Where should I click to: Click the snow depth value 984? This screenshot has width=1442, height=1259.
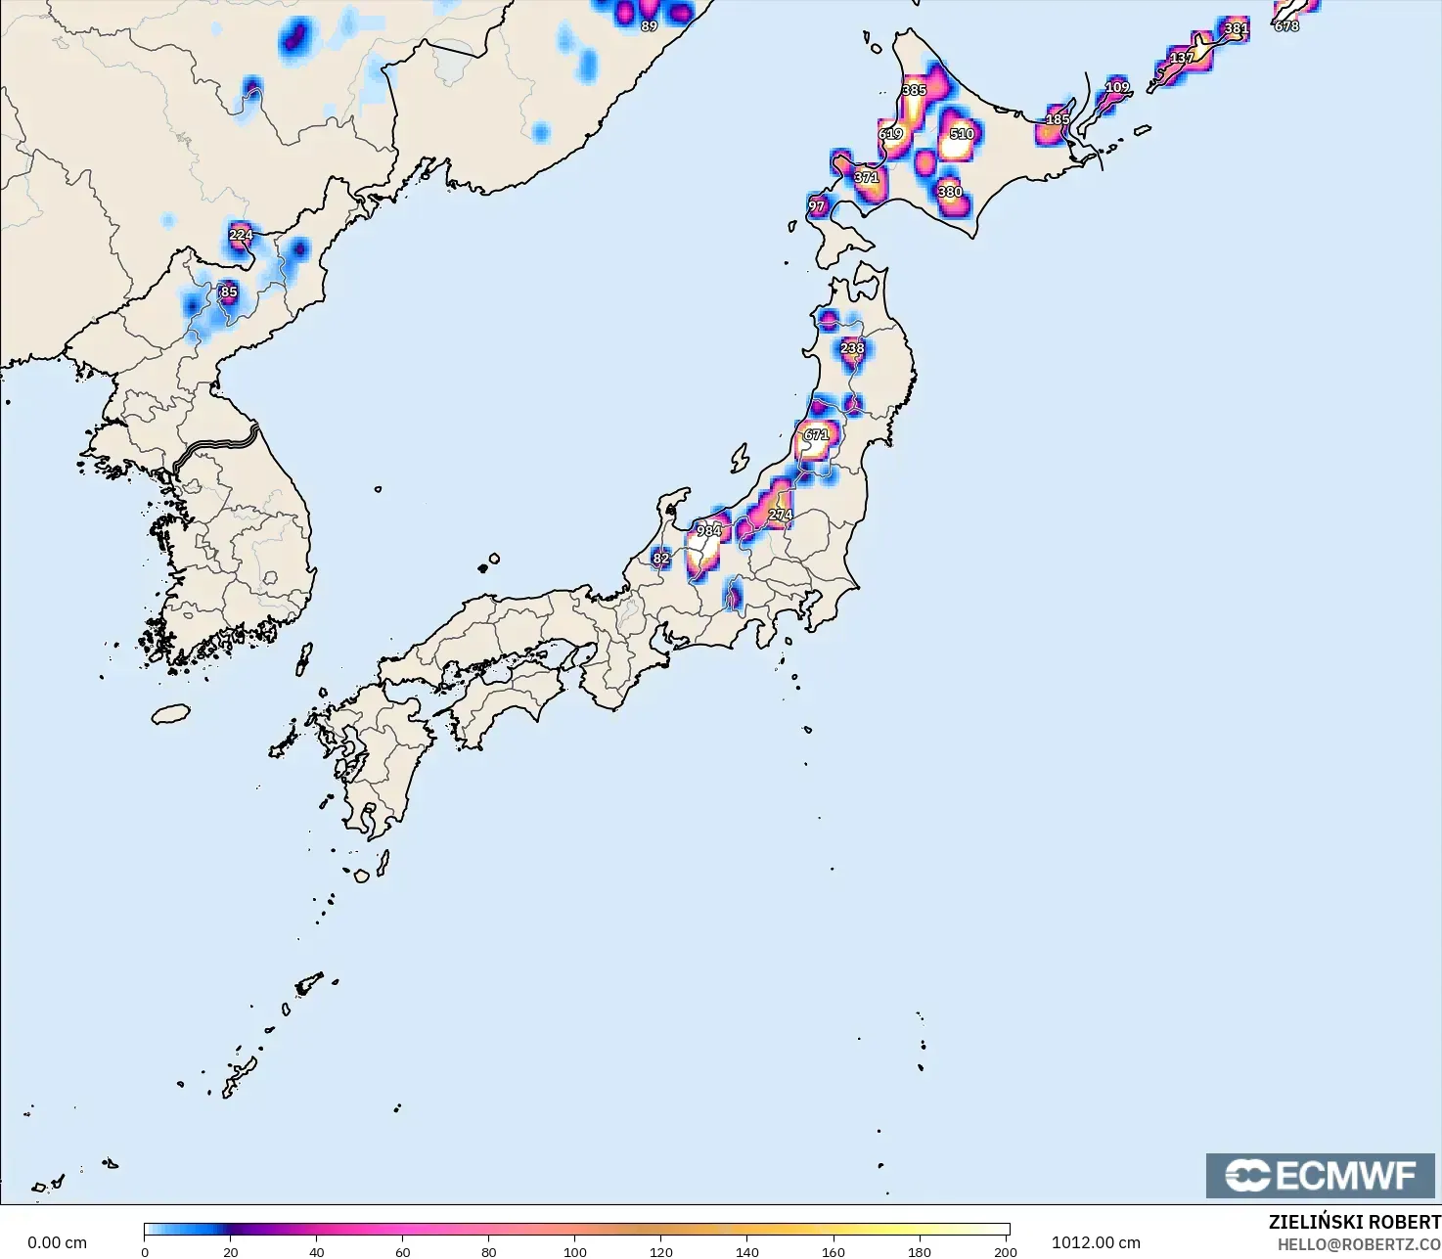[708, 531]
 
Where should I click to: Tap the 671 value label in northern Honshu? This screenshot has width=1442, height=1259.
[816, 434]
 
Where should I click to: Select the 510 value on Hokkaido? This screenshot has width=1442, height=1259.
[961, 134]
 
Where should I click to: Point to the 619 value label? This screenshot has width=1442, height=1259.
[890, 134]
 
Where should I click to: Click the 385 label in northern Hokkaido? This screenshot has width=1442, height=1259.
[914, 90]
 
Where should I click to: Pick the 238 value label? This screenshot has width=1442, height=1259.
[852, 348]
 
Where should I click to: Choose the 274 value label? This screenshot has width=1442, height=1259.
[780, 515]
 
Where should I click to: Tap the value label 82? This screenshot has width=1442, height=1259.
[661, 559]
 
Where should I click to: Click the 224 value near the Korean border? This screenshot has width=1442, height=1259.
[241, 235]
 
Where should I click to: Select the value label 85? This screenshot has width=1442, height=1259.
[228, 292]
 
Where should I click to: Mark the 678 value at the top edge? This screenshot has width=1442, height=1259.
[1286, 26]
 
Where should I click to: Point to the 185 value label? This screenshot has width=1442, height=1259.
[1058, 119]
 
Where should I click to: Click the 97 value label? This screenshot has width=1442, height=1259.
[817, 206]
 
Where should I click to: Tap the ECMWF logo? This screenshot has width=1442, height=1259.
[1320, 1175]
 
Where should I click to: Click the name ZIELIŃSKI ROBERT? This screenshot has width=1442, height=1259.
[1354, 1222]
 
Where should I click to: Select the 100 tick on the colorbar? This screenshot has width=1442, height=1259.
[575, 1251]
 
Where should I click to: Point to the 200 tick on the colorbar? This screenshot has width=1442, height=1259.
[1005, 1251]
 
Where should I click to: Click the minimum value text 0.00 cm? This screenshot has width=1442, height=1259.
[57, 1242]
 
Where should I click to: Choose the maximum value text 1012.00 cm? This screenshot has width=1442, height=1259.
[1096, 1242]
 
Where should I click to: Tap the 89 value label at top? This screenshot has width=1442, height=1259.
[649, 26]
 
